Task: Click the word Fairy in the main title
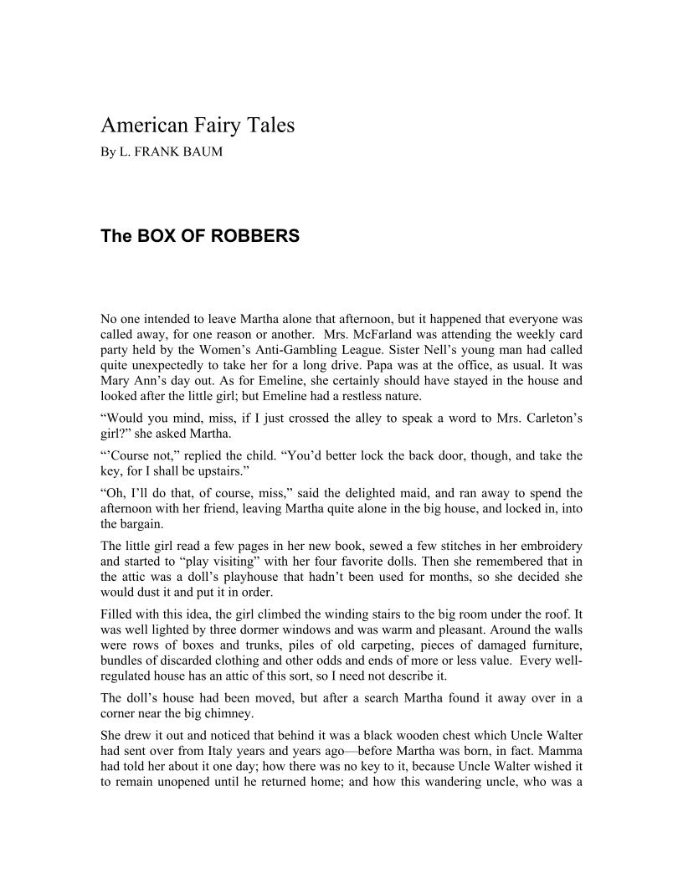[x=208, y=126]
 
